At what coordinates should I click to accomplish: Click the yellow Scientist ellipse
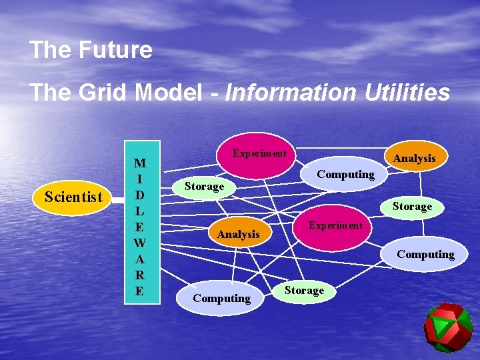pos(73,197)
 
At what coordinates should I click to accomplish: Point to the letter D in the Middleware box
pos(139,195)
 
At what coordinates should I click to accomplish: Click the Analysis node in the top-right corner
pos(414,158)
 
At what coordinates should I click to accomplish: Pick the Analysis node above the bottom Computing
pos(238,234)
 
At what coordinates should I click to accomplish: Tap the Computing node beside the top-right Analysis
pos(345,175)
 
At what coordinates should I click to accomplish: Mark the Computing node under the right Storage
pos(425,254)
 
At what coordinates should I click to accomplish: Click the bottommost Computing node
pos(221,298)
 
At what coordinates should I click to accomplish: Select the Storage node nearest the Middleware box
pos(204,187)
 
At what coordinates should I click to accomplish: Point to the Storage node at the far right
pos(412,206)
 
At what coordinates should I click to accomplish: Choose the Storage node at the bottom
pos(304,291)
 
